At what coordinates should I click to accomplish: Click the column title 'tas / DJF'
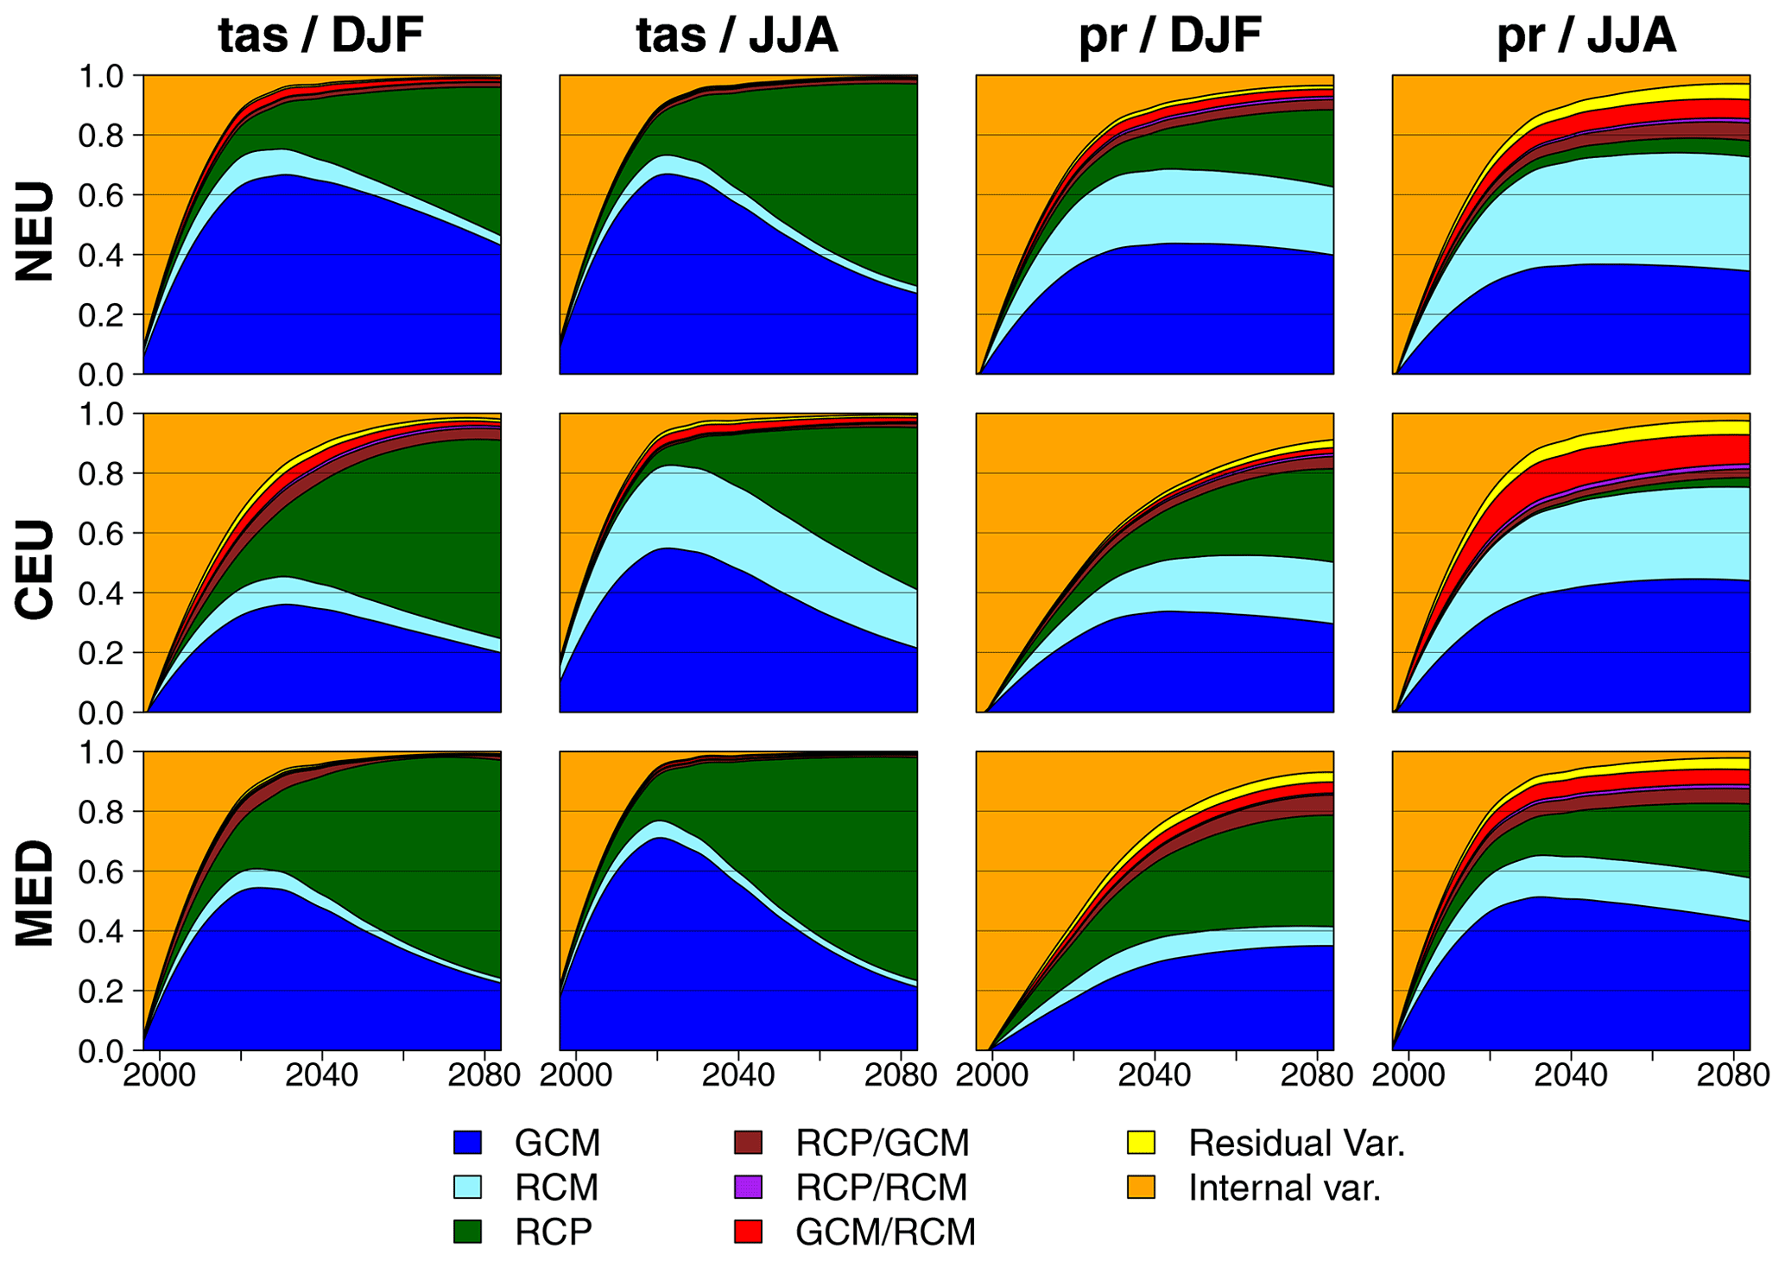[321, 36]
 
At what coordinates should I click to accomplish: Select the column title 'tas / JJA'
[737, 36]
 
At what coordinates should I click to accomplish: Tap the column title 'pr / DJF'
[1170, 36]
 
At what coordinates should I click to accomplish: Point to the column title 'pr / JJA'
[1586, 36]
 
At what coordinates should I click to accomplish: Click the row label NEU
[35, 231]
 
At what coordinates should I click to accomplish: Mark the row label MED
[35, 896]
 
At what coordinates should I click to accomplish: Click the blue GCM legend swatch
[467, 1143]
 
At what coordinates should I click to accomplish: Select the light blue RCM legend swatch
[467, 1188]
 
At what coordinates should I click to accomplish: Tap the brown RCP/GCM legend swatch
[748, 1143]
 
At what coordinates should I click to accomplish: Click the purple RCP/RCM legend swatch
[748, 1188]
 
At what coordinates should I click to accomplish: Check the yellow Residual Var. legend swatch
[1141, 1143]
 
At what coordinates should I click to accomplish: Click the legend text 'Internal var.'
[1285, 1188]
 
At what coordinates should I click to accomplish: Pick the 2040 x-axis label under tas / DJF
[321, 1076]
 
